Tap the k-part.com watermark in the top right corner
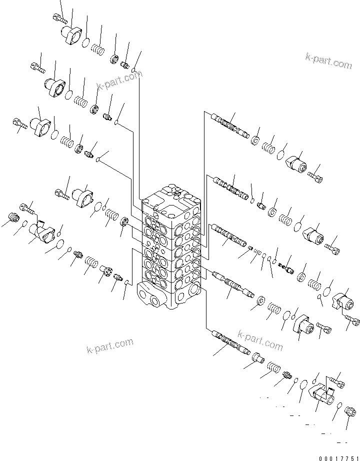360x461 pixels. coord(328,62)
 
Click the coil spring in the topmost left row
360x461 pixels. coord(97,49)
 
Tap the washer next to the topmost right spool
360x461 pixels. coord(255,141)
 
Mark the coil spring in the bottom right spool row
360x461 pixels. coord(271,368)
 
